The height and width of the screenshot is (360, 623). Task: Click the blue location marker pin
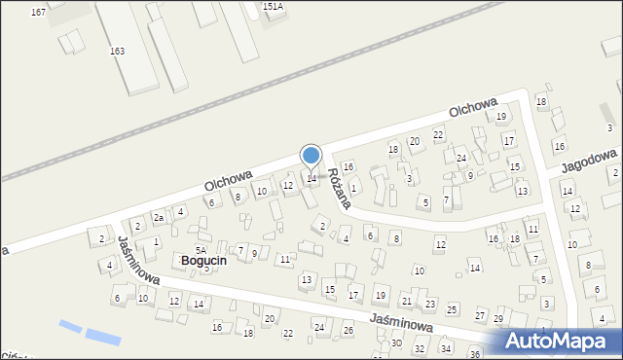click(311, 157)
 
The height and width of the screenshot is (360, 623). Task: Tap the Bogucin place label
click(203, 260)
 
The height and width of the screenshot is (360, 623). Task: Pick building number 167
click(38, 12)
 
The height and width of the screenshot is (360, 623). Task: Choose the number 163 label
click(117, 50)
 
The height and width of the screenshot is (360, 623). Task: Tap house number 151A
click(274, 6)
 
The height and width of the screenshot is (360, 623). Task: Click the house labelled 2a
click(158, 218)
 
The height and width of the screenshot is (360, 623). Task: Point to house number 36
click(475, 354)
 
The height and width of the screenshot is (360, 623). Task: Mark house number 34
click(446, 347)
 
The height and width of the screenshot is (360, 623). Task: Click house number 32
click(420, 347)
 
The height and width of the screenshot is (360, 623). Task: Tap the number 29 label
click(498, 319)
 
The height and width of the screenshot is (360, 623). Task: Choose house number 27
click(480, 316)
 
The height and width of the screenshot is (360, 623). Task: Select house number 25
click(452, 308)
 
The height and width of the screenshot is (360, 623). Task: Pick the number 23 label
click(430, 305)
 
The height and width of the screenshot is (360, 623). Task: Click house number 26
click(348, 331)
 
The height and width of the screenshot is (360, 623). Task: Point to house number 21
click(406, 302)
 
